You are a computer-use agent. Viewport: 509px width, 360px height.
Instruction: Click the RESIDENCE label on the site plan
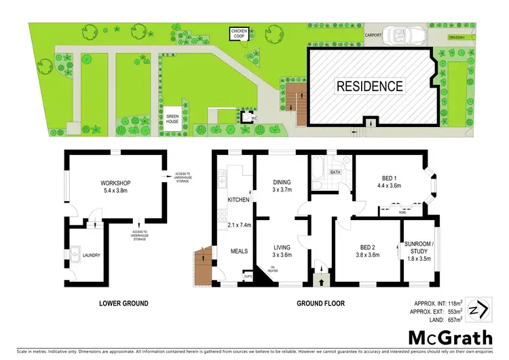[370, 86]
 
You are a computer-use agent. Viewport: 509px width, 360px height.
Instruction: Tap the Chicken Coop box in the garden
[240, 34]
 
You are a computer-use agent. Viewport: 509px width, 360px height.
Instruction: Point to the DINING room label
[281, 183]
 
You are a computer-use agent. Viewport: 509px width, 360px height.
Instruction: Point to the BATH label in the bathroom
[335, 173]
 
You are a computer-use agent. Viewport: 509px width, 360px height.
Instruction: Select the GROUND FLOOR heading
[318, 302]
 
